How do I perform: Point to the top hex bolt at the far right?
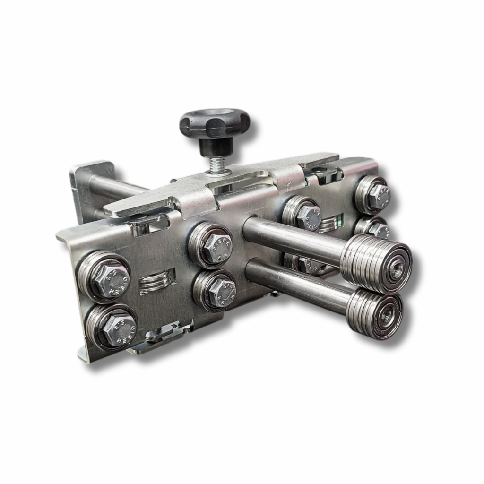click(x=379, y=195)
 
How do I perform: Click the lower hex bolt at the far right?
click(x=379, y=230)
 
